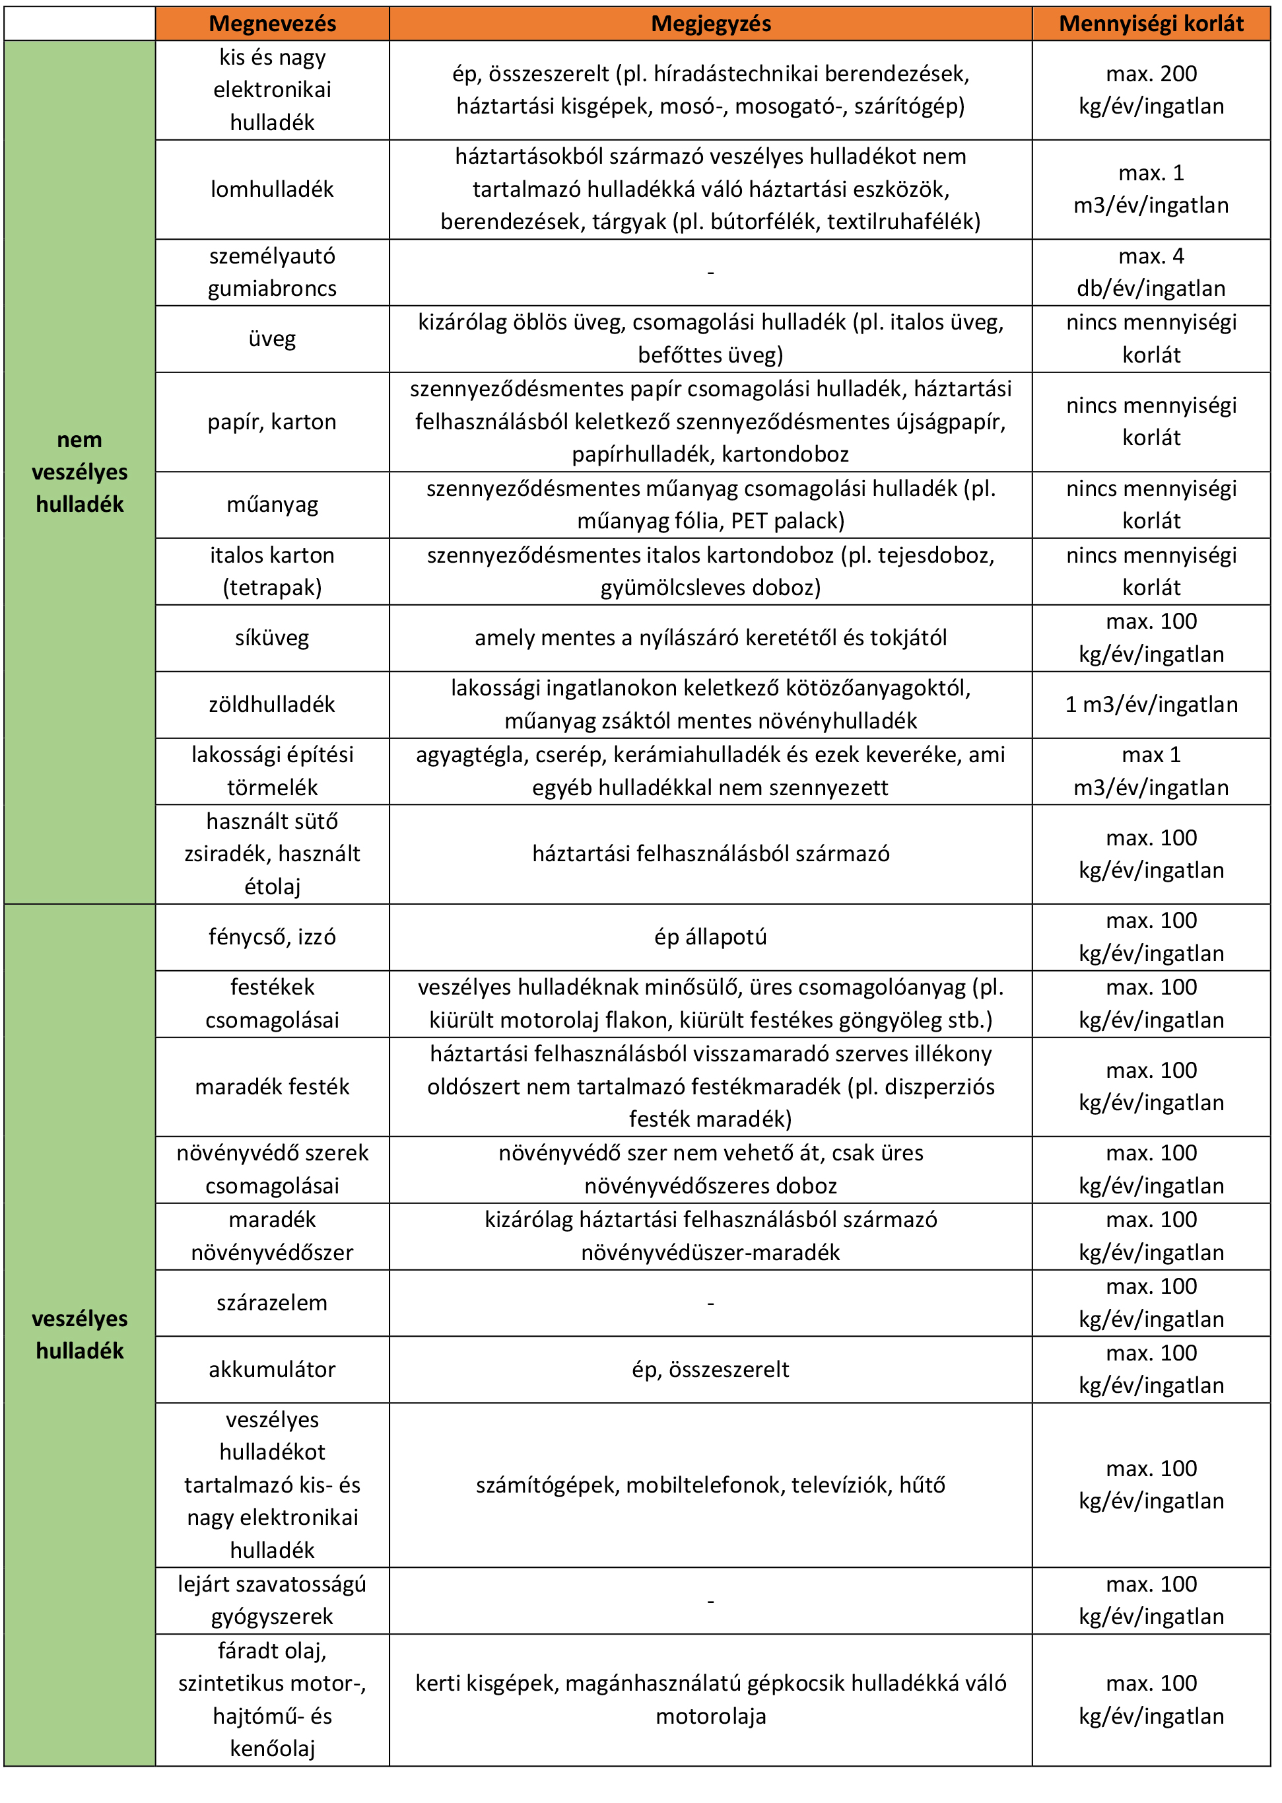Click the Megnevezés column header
tap(273, 24)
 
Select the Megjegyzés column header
tap(710, 24)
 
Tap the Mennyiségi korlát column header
tap(1151, 24)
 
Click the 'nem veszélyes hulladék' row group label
tap(80, 472)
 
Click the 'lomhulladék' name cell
tap(273, 190)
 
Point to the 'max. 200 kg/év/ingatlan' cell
tap(1151, 90)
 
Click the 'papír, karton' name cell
tap(273, 422)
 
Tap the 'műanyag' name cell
tap(273, 505)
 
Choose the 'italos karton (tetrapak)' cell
tap(273, 571)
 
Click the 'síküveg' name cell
tap(273, 638)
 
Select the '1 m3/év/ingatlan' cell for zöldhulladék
tap(1151, 705)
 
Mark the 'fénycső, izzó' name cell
tap(273, 937)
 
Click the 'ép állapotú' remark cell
tap(710, 937)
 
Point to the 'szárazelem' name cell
tap(273, 1302)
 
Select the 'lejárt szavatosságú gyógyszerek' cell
tap(273, 1600)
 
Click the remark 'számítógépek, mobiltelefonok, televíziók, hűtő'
tap(710, 1485)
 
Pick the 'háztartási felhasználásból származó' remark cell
tap(710, 854)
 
